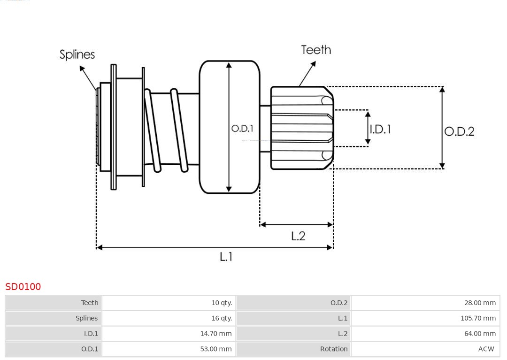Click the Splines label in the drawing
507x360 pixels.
77,54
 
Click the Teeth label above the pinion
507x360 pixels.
316,50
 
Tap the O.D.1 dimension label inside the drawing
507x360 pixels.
242,128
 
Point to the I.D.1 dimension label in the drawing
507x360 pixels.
381,129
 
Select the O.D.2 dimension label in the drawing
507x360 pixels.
459,131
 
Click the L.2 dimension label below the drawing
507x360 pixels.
298,236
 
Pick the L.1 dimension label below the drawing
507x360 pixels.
226,257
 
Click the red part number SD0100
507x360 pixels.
23,286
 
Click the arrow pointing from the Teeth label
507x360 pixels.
307,74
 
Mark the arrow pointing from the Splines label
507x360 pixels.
88,78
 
